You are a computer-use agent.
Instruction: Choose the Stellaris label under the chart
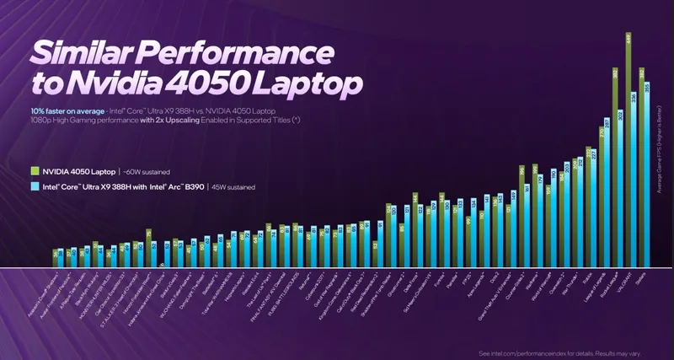(x=644, y=277)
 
